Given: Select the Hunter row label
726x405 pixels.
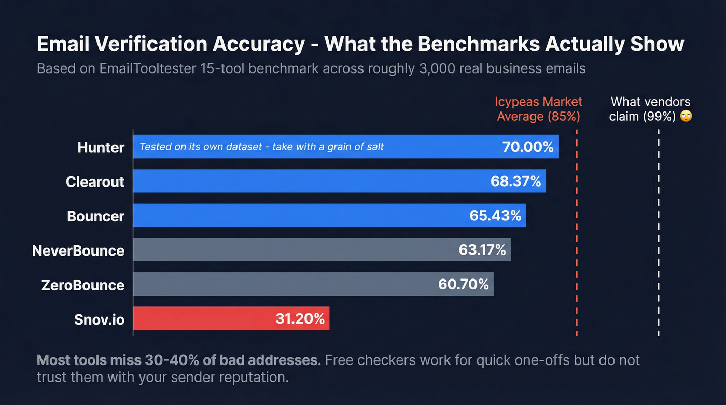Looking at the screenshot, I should tap(101, 147).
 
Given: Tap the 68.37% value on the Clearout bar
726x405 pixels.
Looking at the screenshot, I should tap(515, 181).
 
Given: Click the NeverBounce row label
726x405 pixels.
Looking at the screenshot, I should tap(78, 250).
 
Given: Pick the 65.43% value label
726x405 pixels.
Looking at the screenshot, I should tap(495, 216).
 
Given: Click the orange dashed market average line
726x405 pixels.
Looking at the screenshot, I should tap(577, 233).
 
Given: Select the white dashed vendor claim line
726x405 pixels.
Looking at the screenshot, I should tap(658, 233).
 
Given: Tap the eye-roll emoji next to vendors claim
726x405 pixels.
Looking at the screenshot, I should tap(686, 116).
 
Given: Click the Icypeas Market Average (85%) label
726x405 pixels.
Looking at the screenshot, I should tap(538, 109).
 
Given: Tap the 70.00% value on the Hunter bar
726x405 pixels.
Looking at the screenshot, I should tap(527, 147).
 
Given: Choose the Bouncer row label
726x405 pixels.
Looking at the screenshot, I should tap(96, 216).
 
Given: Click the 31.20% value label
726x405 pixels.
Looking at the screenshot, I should tap(300, 318).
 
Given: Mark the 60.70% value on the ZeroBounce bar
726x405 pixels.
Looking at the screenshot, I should tap(463, 284).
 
